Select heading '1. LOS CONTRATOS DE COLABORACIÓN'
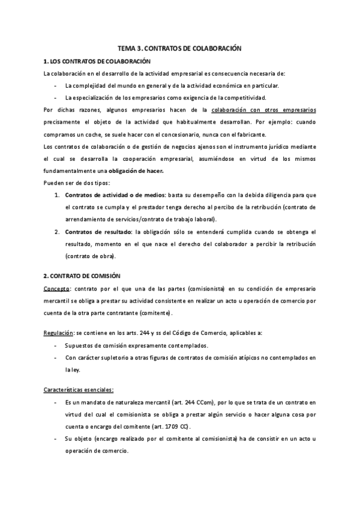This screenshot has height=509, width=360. coord(97,62)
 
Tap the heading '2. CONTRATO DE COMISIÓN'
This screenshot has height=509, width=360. coord(82,276)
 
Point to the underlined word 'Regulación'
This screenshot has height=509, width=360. coord(59,333)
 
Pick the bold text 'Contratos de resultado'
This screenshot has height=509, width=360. coord(99,230)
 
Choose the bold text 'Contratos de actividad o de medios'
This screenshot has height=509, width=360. coord(115,196)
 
